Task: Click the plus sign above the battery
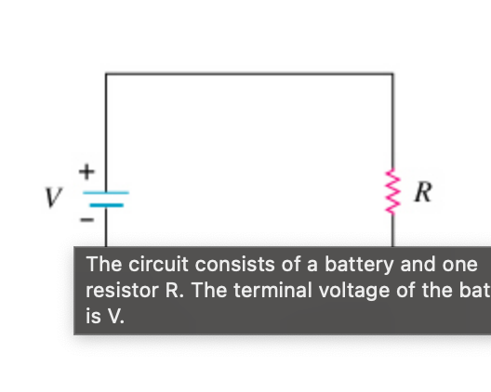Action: click(x=86, y=172)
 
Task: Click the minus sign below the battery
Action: click(x=86, y=221)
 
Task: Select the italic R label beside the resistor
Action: click(x=422, y=194)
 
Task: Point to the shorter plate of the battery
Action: click(x=107, y=203)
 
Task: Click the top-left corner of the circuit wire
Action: click(x=106, y=73)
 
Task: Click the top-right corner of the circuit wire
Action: click(x=391, y=73)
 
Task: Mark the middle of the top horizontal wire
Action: click(x=248, y=73)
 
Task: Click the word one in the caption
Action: click(x=459, y=264)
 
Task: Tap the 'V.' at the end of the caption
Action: click(x=113, y=316)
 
